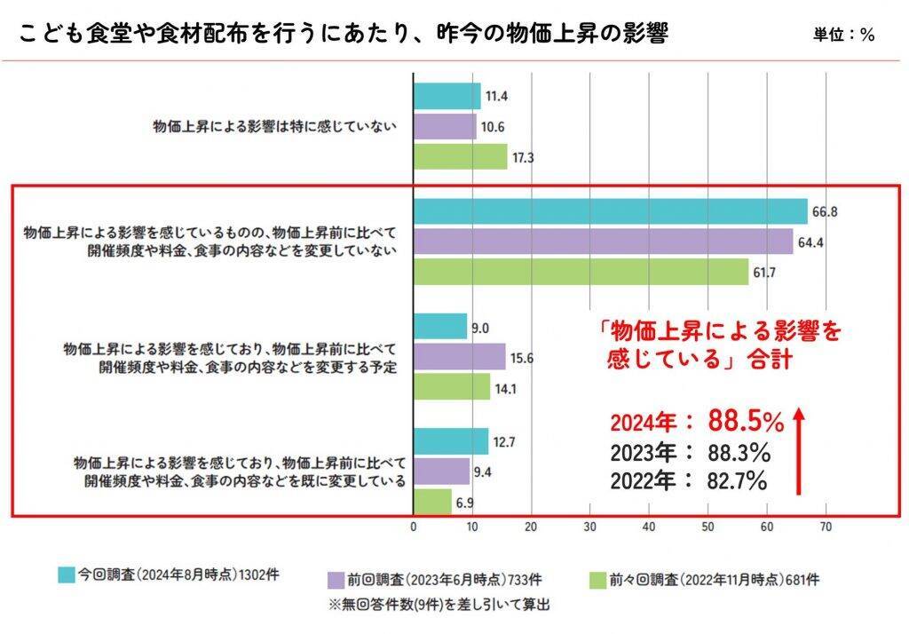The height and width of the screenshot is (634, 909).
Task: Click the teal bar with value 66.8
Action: coord(611,211)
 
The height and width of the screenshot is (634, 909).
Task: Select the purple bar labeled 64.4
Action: coord(604,242)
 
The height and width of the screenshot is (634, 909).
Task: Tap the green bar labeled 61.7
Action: coord(581,272)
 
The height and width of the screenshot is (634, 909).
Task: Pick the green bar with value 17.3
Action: coord(461,156)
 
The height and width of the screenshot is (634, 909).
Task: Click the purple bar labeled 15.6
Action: coord(460,356)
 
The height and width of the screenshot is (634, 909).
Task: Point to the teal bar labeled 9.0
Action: coord(441,327)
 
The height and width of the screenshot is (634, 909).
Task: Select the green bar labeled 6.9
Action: coord(433,502)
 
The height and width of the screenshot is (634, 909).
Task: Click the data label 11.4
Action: coord(496,96)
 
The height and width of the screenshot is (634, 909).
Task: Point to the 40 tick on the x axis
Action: coord(649,527)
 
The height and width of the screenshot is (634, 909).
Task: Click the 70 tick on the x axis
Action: coord(826,527)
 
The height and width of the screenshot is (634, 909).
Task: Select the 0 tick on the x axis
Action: coord(414,527)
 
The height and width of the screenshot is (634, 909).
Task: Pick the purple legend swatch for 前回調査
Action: coord(336,580)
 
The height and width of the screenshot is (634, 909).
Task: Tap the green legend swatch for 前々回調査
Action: coord(598,580)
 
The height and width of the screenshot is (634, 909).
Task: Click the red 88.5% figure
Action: coord(746,422)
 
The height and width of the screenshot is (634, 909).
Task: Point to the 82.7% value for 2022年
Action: coord(737,481)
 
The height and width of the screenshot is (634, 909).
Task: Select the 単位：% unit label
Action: coord(843,36)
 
